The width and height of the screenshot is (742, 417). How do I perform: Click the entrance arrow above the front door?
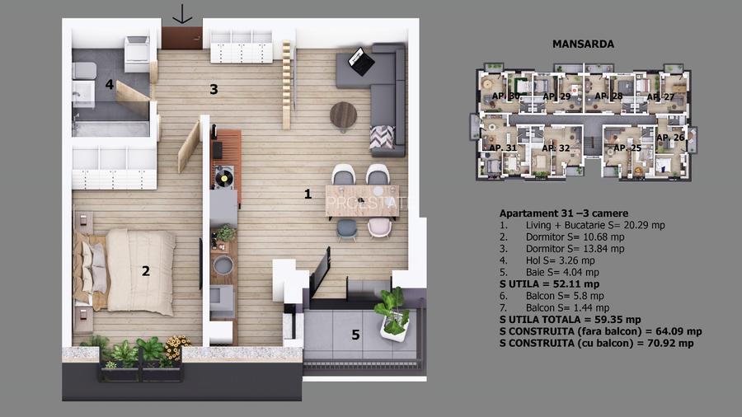(x=182, y=14)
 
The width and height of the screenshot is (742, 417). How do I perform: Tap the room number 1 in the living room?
(x=308, y=194)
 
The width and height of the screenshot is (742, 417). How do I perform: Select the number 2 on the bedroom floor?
(x=145, y=270)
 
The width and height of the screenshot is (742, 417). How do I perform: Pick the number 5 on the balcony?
(x=355, y=335)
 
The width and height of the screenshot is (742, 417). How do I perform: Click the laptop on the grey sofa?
(x=359, y=59)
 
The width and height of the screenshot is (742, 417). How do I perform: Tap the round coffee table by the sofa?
(x=344, y=116)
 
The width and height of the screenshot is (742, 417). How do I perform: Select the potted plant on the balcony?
(x=393, y=313)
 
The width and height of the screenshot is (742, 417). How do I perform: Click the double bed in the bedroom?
(x=132, y=271)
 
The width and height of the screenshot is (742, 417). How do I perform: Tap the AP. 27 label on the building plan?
(x=660, y=97)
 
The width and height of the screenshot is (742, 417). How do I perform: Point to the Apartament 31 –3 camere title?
(x=558, y=212)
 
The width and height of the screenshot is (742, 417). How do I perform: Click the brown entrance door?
(x=182, y=39)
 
